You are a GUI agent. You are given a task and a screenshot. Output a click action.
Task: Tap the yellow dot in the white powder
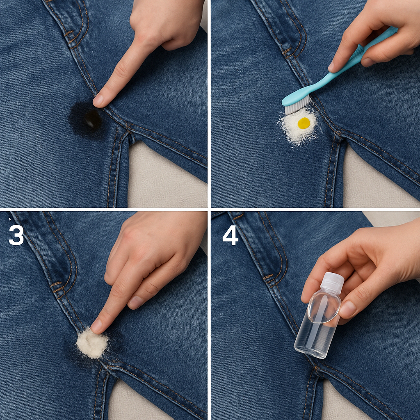304,123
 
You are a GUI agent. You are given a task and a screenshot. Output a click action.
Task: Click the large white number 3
16,235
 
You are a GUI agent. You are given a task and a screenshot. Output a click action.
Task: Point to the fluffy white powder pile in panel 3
92,343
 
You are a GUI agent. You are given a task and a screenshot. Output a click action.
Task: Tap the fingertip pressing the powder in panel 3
97,325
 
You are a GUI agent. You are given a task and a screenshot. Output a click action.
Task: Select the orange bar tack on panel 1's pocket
69,34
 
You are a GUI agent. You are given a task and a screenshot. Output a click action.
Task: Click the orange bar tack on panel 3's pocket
56,284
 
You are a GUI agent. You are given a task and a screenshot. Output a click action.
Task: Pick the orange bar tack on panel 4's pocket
268,277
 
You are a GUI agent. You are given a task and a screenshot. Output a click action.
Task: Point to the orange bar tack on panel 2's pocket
287,50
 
